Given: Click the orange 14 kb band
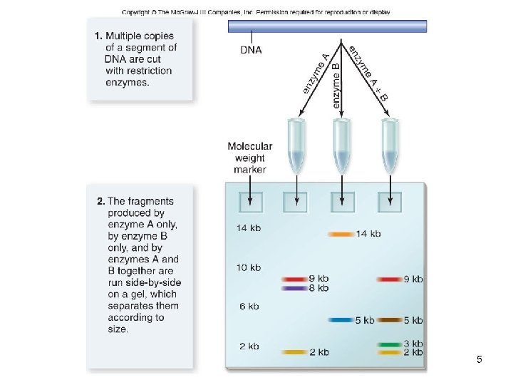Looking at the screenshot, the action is (x=341, y=234).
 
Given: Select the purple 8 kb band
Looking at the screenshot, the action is (x=294, y=288).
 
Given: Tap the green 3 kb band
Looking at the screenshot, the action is (x=390, y=344).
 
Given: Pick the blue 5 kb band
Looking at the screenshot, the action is (x=340, y=320).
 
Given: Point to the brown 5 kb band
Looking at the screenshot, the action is (x=390, y=320).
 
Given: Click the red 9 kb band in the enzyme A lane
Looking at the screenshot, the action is (x=294, y=279).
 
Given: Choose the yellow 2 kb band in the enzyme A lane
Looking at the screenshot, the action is (x=294, y=352).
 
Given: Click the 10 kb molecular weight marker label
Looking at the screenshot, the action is (x=249, y=267).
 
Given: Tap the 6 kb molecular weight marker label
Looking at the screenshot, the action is (x=249, y=306).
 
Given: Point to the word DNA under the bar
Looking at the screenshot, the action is (x=251, y=50).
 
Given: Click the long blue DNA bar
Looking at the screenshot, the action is (x=327, y=26).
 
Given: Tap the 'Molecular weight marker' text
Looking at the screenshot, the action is (x=249, y=158).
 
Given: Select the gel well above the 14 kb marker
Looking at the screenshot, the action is (x=250, y=202).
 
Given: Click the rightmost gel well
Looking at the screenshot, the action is (x=390, y=202).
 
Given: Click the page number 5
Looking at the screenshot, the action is (x=480, y=359).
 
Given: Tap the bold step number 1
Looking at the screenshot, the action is (x=99, y=36).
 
